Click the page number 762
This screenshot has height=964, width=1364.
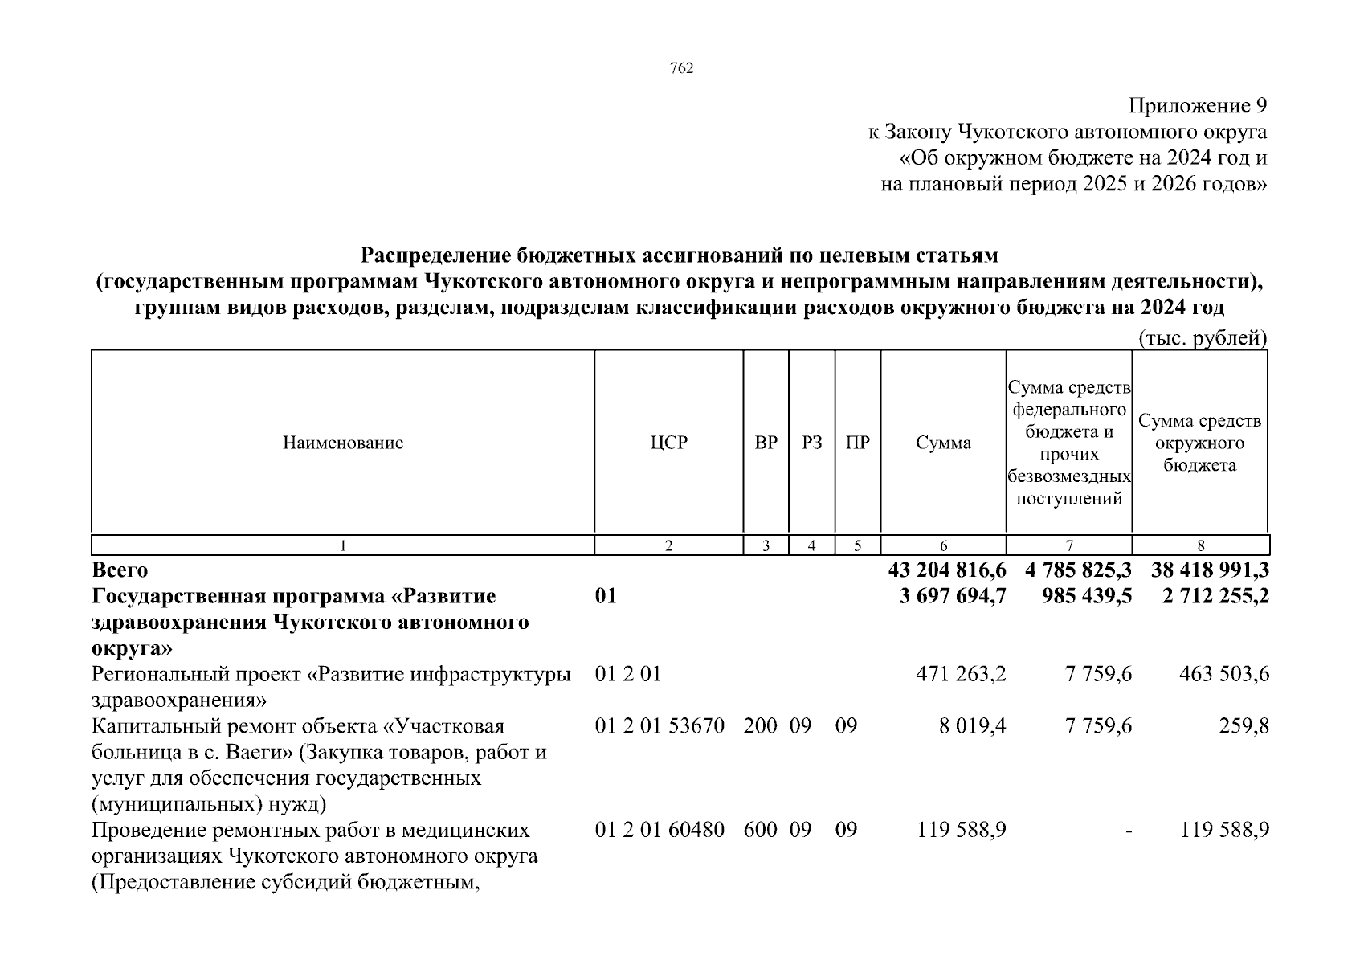(x=681, y=69)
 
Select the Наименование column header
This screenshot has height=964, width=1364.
(x=343, y=443)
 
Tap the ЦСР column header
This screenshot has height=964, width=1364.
(x=668, y=443)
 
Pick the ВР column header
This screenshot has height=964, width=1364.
(x=766, y=443)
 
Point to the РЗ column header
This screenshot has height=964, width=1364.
(x=812, y=443)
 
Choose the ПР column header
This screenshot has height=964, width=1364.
(x=858, y=443)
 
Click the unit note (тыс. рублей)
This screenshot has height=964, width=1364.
(x=1203, y=339)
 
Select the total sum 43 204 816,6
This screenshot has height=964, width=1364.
(x=947, y=570)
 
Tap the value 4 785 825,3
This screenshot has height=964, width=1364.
(x=1078, y=570)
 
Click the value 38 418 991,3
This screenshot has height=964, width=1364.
(x=1210, y=570)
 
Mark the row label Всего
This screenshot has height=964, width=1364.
(x=120, y=570)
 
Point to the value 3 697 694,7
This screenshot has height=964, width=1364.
(x=953, y=597)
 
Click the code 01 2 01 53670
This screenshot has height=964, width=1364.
(x=660, y=726)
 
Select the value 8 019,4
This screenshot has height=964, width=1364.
(x=972, y=726)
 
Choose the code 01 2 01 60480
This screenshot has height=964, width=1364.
(x=660, y=830)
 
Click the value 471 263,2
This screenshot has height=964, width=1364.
(x=961, y=674)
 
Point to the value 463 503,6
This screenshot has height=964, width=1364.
(x=1224, y=674)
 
